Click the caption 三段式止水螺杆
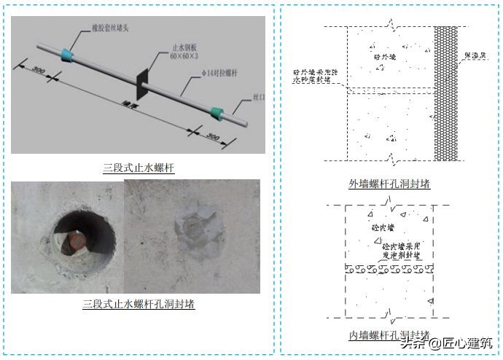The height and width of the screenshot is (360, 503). [x=139, y=168]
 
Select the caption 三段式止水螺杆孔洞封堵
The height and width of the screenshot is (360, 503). [x=139, y=304]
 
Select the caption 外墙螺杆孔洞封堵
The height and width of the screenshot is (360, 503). [x=389, y=184]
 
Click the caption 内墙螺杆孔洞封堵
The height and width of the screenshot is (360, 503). [x=389, y=336]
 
